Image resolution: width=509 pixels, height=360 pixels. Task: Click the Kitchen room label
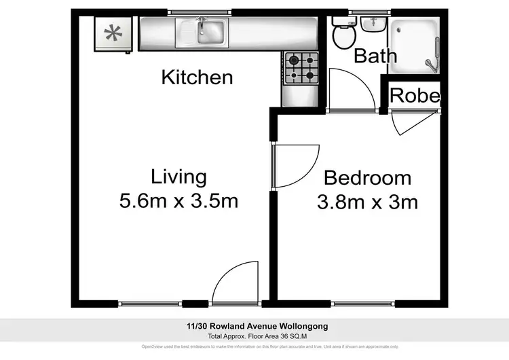pyautogui.click(x=197, y=77)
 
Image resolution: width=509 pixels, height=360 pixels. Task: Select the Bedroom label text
pyautogui.click(x=367, y=178)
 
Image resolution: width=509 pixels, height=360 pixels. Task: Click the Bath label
pyautogui.click(x=375, y=55)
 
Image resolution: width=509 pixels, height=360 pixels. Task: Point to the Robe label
pyautogui.click(x=415, y=96)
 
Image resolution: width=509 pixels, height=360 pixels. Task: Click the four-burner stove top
pyautogui.click(x=301, y=67)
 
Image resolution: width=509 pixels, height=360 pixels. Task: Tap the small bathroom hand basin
pyautogui.click(x=371, y=25)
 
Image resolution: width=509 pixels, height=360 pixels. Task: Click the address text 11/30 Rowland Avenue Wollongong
pyautogui.click(x=254, y=326)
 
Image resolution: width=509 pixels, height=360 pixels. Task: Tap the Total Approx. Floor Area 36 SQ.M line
pyautogui.click(x=254, y=336)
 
